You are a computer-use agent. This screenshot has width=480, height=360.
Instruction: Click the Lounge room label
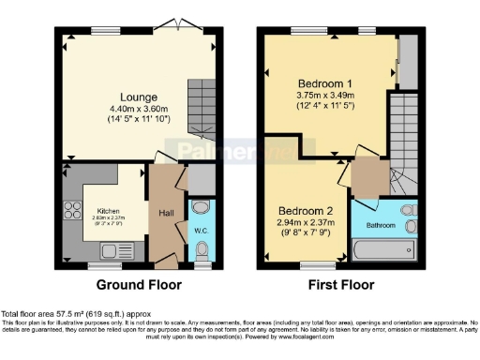coord(138,97)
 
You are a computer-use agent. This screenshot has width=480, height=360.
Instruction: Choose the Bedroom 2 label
coord(300,210)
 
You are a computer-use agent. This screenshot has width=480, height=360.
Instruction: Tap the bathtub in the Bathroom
coord(384,249)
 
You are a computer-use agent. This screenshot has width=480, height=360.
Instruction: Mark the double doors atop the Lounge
coord(169,25)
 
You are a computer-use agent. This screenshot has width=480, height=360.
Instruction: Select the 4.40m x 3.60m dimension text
coord(138,111)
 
